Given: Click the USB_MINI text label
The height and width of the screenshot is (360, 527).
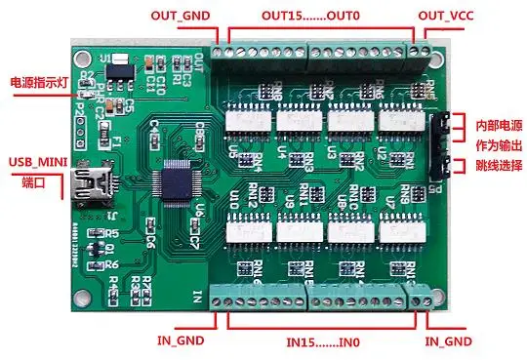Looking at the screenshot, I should point(38,161).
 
